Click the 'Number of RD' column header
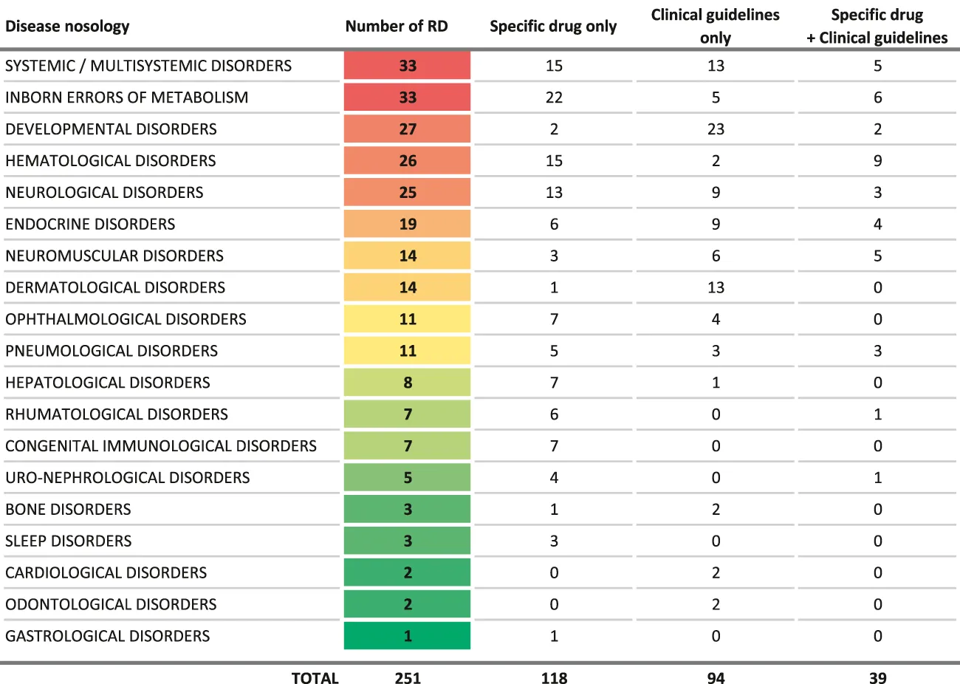(397, 27)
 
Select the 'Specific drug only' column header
(553, 27)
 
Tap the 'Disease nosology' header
(67, 27)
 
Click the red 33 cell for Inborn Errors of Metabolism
(408, 98)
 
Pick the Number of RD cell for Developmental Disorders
(408, 129)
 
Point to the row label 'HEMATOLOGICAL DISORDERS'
(111, 161)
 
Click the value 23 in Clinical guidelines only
(716, 129)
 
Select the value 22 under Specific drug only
(554, 98)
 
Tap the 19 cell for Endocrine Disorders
(408, 225)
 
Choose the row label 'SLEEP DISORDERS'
(69, 541)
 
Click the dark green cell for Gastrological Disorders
(408, 636)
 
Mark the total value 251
(408, 678)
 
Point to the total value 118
(554, 678)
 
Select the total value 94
(716, 678)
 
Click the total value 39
(877, 678)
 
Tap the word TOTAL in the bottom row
(315, 678)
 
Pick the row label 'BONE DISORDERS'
(68, 510)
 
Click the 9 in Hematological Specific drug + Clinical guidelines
(877, 161)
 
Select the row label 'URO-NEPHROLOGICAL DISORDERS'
(128, 478)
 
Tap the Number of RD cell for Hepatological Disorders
(408, 383)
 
